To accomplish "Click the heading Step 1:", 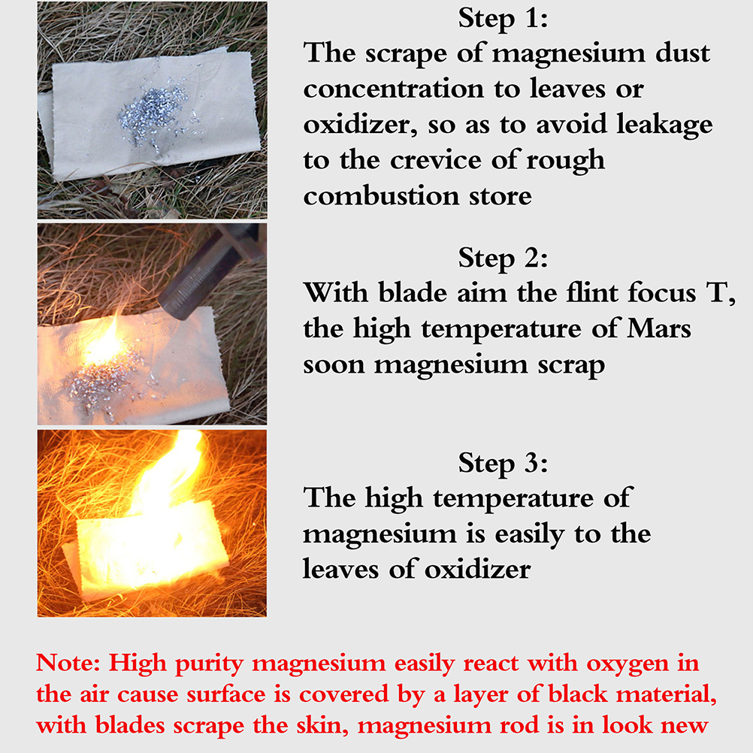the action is pos(503,19).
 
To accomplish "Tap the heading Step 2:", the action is pos(503,259).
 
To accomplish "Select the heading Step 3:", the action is pos(503,464).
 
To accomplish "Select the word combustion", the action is pos(381,196).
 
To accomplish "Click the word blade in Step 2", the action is pos(413,292).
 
